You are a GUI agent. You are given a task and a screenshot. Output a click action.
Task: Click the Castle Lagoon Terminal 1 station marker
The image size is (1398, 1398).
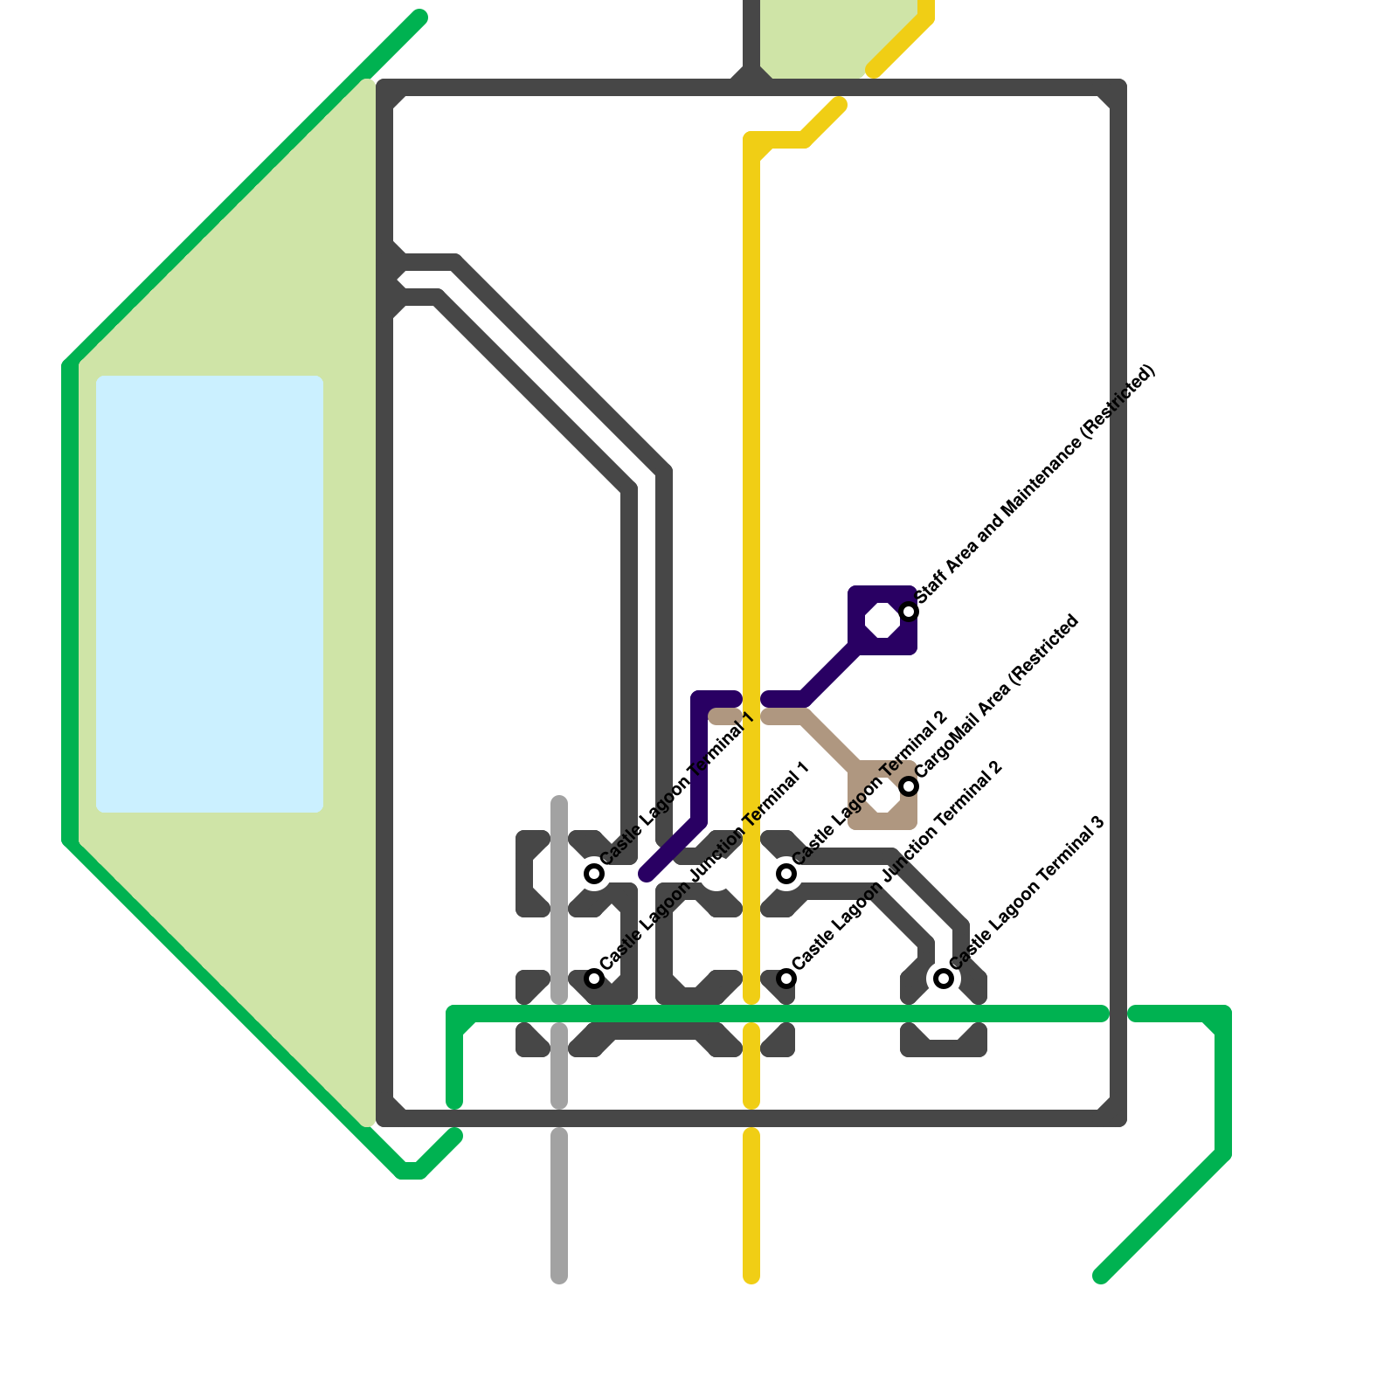point(594,873)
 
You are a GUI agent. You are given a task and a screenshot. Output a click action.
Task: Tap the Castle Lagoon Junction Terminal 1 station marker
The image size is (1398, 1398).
point(594,978)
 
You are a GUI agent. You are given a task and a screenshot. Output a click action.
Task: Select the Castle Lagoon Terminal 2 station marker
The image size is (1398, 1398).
point(786,873)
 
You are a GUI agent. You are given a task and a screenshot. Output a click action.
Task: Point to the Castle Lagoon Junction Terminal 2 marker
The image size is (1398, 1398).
point(786,978)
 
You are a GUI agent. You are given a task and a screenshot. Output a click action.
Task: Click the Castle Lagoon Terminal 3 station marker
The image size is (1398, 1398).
point(944,978)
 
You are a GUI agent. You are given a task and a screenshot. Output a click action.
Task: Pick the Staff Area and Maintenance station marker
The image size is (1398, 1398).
point(909,611)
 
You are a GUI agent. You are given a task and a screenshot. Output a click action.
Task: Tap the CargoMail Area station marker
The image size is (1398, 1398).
point(909,786)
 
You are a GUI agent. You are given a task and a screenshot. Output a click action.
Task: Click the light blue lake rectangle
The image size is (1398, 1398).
point(210,594)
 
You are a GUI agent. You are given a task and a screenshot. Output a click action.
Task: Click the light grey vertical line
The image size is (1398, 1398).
point(559,1206)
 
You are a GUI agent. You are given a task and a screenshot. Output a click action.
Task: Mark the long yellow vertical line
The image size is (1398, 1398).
point(751,437)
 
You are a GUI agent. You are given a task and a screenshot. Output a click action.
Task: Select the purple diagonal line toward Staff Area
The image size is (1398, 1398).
point(830,673)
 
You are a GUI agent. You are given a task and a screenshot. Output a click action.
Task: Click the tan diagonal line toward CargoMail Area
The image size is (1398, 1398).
point(830,743)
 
